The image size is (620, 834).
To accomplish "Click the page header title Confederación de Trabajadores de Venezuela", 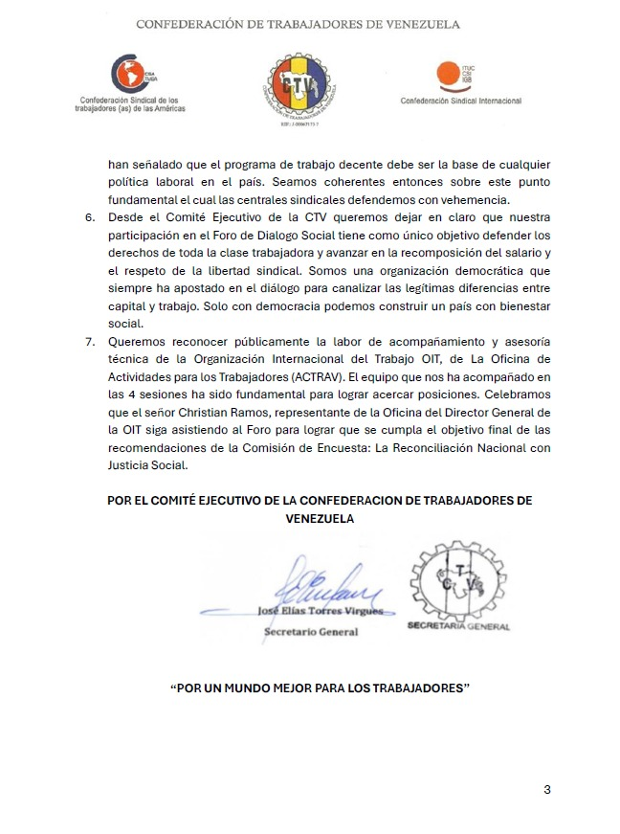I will tap(298, 24).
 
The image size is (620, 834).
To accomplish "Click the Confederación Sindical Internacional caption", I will tap(460, 101).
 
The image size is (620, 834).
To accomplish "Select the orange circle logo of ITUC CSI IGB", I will tap(447, 74).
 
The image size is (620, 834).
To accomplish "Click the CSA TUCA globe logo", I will tap(122, 72).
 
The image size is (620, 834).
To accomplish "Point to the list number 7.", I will tap(91, 341).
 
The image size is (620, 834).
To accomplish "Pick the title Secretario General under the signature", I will tap(311, 632).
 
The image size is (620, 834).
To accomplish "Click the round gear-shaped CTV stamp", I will tap(457, 578).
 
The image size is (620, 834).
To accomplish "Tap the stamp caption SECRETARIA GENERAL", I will tap(458, 627).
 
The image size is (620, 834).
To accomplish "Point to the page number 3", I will tap(546, 790).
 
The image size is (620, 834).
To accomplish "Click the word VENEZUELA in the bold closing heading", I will tap(320, 518).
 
